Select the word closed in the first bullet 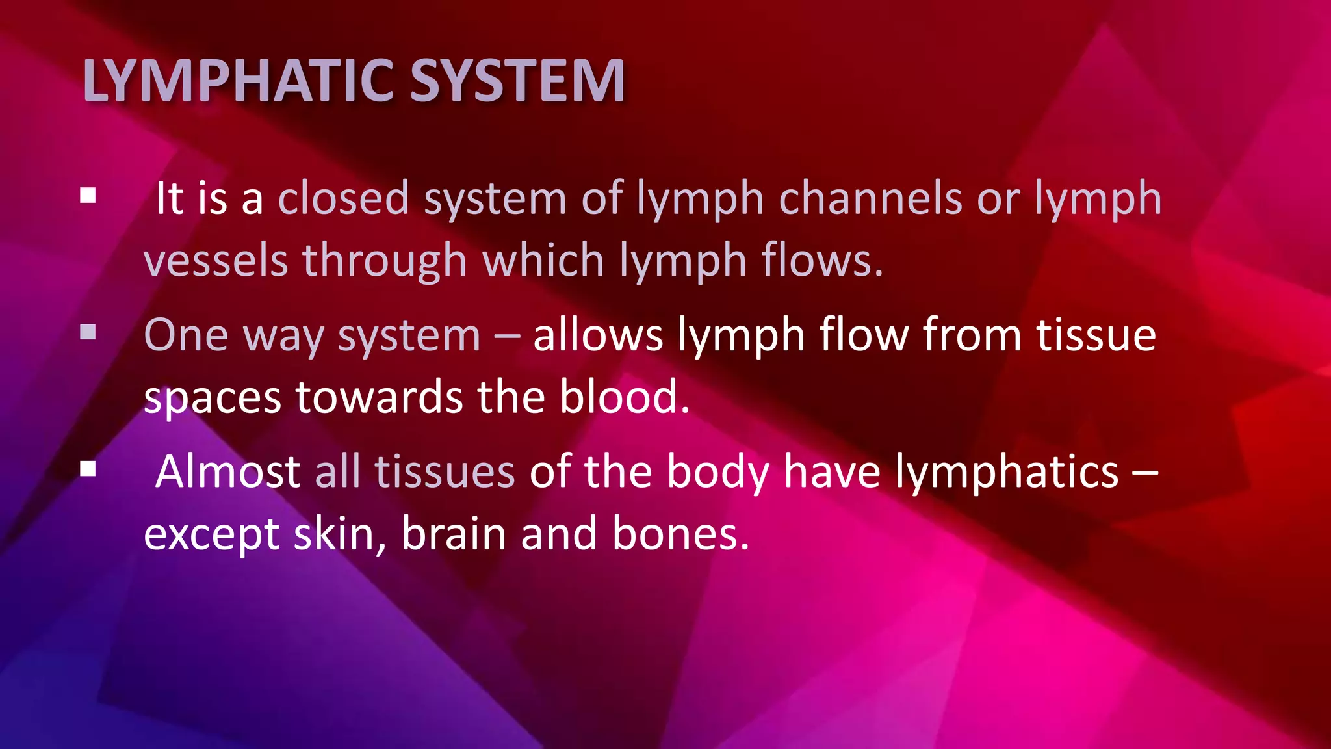tap(344, 198)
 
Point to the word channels tap(870, 198)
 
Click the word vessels tap(215, 260)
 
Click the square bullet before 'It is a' tap(88, 196)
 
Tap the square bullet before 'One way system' tap(88, 333)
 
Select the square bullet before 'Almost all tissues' tap(88, 469)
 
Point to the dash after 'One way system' tap(507, 337)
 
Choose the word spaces tap(213, 398)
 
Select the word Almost tap(227, 471)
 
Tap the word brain tap(454, 534)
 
